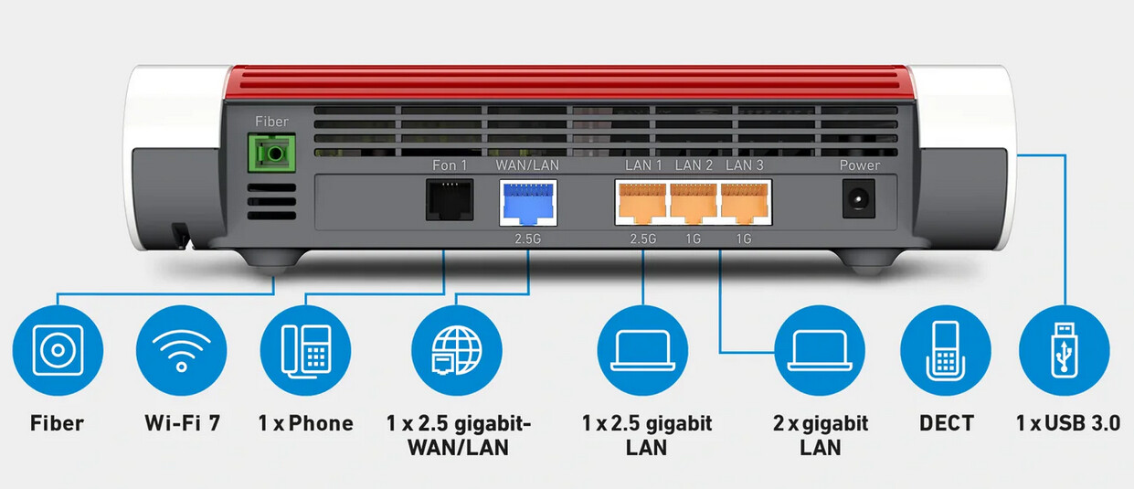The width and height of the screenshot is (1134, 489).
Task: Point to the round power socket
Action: tap(859, 198)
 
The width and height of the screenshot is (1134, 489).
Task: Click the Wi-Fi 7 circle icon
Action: tap(181, 350)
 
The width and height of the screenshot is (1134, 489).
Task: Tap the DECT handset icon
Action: tap(945, 350)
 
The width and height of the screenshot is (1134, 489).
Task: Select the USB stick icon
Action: tap(1063, 350)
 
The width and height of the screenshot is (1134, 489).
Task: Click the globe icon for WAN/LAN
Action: tap(455, 350)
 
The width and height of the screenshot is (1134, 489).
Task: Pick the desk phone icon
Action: tap(305, 350)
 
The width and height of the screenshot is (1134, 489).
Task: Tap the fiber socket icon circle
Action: tap(58, 350)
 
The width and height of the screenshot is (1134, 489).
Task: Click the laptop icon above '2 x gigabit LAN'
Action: tap(819, 350)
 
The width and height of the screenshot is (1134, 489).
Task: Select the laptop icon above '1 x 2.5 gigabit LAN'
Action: tap(643, 350)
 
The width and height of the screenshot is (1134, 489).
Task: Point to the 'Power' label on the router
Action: tap(859, 165)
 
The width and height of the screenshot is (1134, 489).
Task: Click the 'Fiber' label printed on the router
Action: tap(271, 122)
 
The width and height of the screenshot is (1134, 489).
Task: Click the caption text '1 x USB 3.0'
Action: tap(1067, 423)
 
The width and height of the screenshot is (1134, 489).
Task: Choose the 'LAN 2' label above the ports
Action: tap(694, 165)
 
